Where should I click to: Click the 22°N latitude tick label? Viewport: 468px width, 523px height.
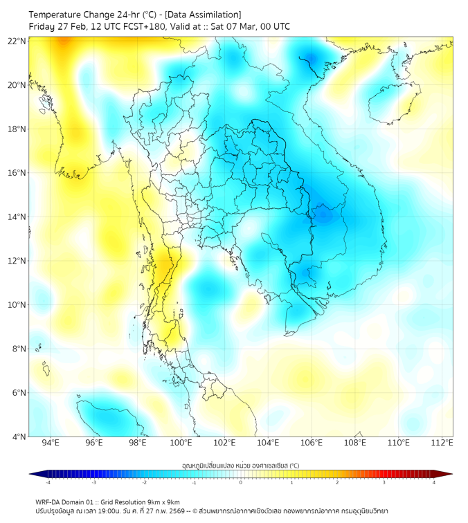point(17,41)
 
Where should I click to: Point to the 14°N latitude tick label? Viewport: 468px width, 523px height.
point(17,217)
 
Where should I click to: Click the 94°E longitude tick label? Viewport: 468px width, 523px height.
point(51,443)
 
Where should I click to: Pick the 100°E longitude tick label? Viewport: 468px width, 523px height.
point(181,443)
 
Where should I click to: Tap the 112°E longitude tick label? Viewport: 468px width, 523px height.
point(442,443)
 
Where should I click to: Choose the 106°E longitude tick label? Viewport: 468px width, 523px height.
point(312,443)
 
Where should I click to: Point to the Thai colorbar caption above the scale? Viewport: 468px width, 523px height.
point(240,466)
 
